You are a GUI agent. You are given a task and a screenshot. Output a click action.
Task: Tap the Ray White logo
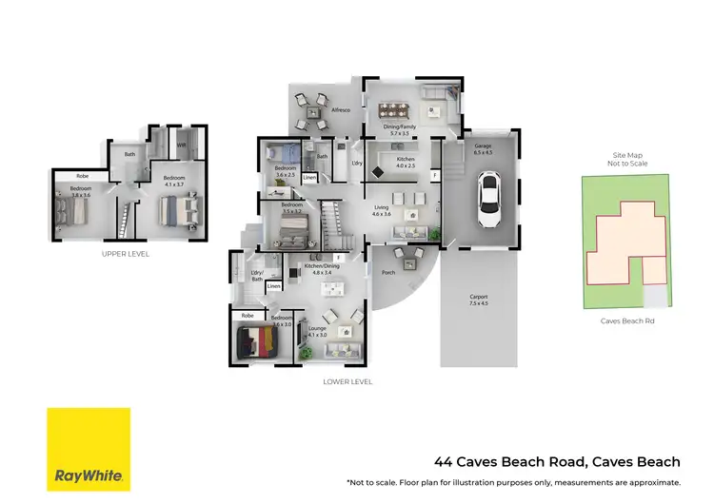pyautogui.click(x=89, y=449)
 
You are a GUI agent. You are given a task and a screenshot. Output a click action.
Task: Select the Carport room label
pyautogui.click(x=478, y=300)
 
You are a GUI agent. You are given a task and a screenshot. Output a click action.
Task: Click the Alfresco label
pyautogui.click(x=341, y=111)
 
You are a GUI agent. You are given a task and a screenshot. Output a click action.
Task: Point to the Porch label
pyautogui.click(x=387, y=272)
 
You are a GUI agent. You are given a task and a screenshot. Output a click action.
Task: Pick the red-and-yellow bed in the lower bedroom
pyautogui.click(x=255, y=339)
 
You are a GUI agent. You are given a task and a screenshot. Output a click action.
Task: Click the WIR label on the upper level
pyautogui.click(x=181, y=145)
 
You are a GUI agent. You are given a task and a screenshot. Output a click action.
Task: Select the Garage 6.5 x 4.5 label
pyautogui.click(x=483, y=149)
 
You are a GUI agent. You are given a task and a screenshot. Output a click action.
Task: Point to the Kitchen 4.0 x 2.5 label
pyautogui.click(x=406, y=163)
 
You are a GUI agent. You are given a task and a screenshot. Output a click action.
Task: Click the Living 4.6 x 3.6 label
pyautogui.click(x=382, y=210)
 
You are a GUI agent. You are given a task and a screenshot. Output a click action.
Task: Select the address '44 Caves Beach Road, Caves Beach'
pyautogui.click(x=557, y=463)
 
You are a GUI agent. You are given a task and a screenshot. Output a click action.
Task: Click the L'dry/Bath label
pyautogui.click(x=257, y=276)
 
